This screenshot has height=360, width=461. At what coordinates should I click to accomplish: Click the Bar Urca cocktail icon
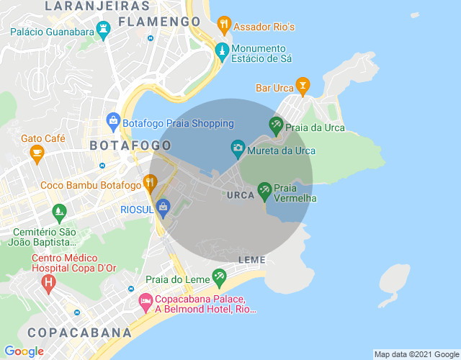[x=303, y=86]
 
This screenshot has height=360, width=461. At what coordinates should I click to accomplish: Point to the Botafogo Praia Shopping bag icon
[x=112, y=121]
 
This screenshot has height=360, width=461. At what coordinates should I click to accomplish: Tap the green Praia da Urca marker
[x=276, y=126]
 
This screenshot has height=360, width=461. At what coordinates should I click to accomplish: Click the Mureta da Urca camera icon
[x=237, y=149]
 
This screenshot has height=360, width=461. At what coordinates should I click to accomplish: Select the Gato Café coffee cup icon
[x=37, y=152]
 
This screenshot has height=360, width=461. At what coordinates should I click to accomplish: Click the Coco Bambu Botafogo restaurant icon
[x=150, y=183]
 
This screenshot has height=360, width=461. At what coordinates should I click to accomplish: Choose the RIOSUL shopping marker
[x=163, y=207]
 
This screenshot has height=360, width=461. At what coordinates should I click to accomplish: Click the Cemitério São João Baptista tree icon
[x=59, y=212]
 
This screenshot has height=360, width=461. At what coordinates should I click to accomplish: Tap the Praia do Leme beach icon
[x=219, y=277]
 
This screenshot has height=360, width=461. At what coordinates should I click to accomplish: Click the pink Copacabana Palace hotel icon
[x=145, y=300]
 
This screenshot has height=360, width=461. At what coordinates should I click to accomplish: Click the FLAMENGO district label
[x=159, y=22]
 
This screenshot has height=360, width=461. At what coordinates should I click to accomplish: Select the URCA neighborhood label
[x=240, y=195]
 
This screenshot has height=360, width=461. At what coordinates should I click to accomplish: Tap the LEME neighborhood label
[x=251, y=259]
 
